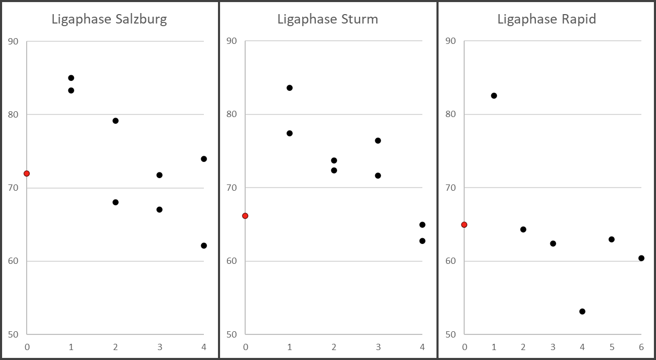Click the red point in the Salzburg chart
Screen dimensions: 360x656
coord(27,173)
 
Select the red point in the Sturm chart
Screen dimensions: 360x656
coord(245,216)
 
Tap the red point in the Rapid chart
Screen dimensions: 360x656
coord(464,225)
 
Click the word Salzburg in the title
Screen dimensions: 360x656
coord(141,20)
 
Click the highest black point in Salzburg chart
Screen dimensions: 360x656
coord(71,78)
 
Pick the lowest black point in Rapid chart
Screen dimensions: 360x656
coord(582,311)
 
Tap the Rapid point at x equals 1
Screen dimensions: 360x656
coord(494,96)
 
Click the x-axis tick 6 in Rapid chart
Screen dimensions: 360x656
coord(641,346)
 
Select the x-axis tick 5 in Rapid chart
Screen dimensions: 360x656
coord(612,346)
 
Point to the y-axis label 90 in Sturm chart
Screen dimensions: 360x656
coord(232,41)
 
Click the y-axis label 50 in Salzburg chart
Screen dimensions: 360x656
coord(13,334)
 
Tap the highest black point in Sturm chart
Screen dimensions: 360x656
coord(290,88)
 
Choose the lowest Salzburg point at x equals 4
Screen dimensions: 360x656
coord(204,246)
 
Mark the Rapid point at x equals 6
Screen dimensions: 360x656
coord(641,258)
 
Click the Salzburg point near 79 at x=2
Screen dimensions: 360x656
coord(116,121)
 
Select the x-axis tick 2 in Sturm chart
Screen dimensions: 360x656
coord(334,346)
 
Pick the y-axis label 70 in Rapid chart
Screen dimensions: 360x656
coord(450,188)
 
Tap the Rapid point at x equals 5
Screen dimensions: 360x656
coord(612,239)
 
